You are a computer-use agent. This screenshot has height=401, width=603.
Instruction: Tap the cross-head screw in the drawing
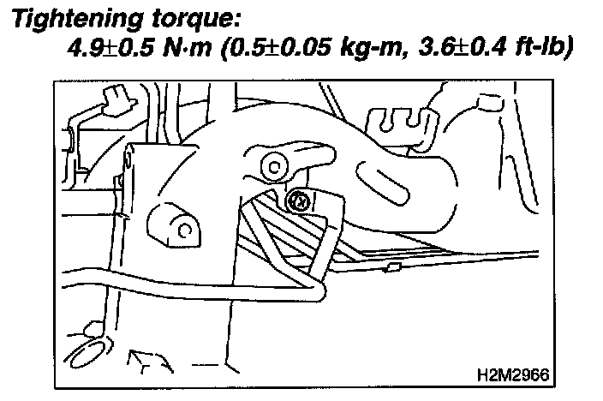coord(300,201)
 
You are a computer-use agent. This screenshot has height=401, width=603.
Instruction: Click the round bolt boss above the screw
coord(275,164)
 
